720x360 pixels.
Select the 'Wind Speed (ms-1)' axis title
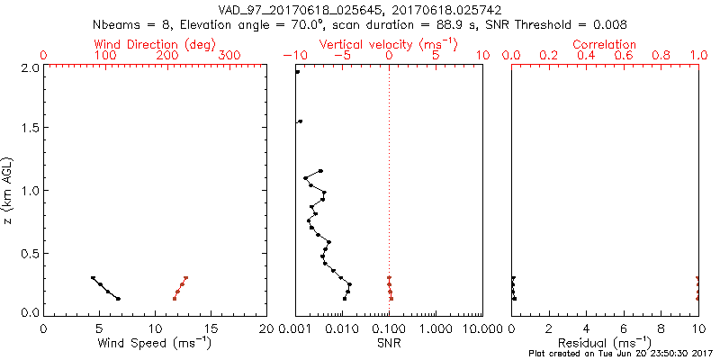tap(156, 343)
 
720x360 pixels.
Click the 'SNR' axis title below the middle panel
tap(389, 343)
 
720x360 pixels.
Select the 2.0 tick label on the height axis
tap(29, 67)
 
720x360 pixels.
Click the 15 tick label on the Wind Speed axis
tap(211, 328)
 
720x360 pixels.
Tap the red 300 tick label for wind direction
tap(229, 56)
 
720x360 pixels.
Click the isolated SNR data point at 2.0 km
tap(297, 72)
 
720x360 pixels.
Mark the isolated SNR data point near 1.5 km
tap(300, 121)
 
